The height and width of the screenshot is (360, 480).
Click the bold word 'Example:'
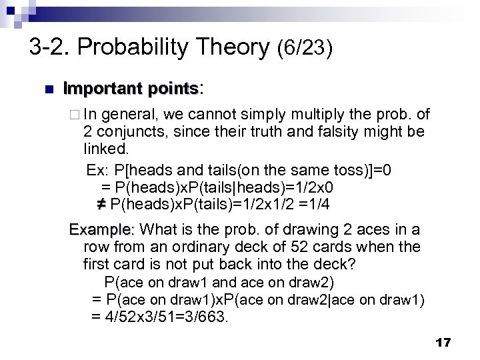[x=103, y=230]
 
